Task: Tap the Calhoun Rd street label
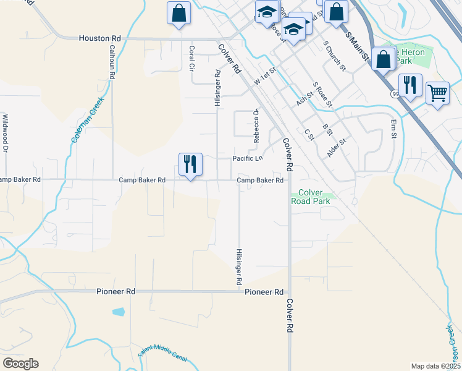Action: click(x=112, y=61)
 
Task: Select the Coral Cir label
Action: click(x=192, y=58)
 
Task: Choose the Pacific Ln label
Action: click(x=247, y=159)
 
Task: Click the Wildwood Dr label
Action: click(x=5, y=133)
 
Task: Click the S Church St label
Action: click(x=333, y=56)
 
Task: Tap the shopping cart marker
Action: click(x=438, y=93)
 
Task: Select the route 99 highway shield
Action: click(x=394, y=94)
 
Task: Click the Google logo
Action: click(x=20, y=364)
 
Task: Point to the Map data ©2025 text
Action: click(x=435, y=366)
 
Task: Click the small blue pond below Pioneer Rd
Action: click(x=118, y=312)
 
